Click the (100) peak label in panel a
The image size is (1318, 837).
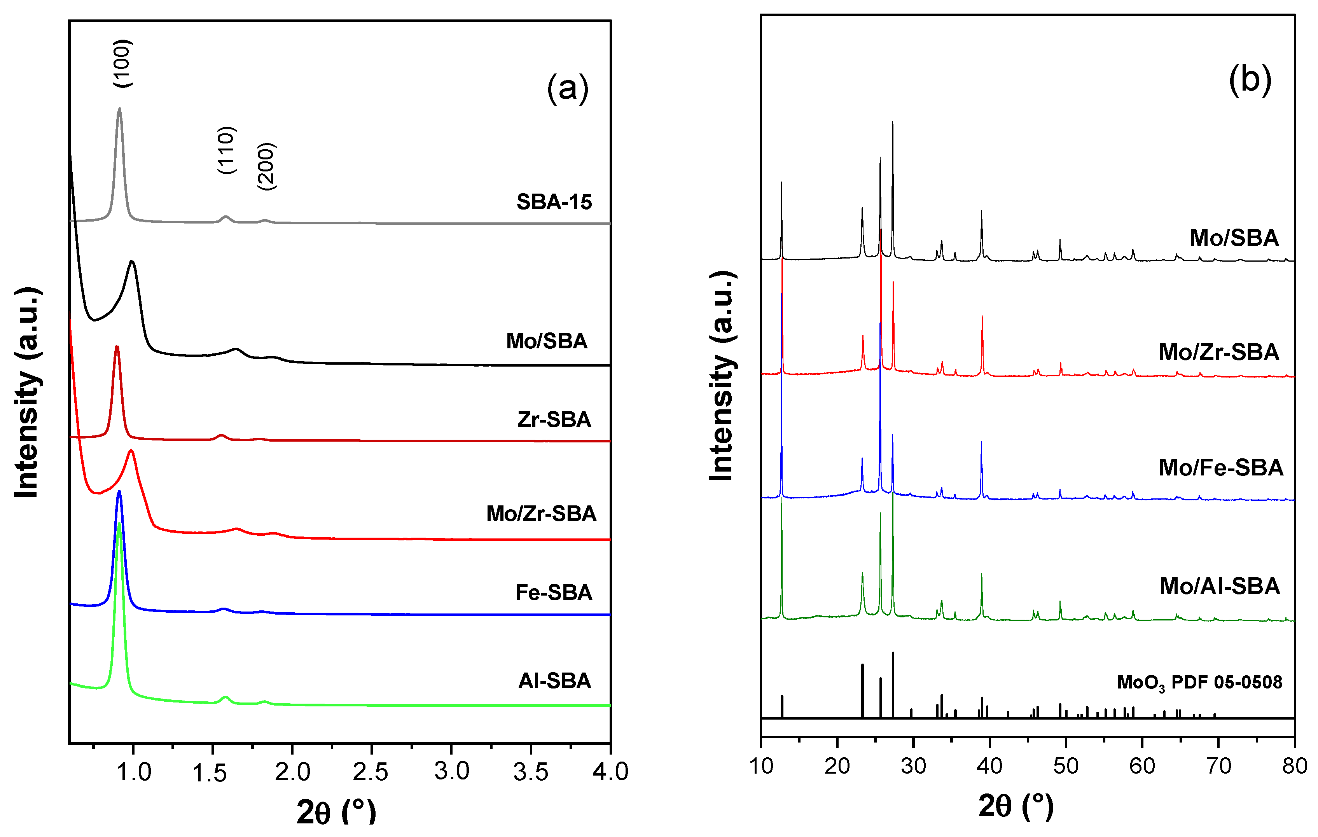click(x=122, y=63)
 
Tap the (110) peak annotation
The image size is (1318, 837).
click(x=226, y=150)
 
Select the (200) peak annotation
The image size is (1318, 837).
click(x=267, y=166)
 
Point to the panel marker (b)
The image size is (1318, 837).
click(x=1250, y=80)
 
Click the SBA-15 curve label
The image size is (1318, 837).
click(x=554, y=202)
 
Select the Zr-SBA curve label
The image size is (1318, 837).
click(x=554, y=419)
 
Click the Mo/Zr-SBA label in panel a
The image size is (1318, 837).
click(x=541, y=514)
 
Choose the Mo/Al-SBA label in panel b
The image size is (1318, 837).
click(x=1220, y=586)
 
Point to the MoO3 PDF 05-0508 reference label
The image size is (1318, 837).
click(x=1199, y=682)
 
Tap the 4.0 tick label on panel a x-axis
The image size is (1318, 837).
click(x=610, y=772)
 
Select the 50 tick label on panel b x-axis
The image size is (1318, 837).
click(x=1066, y=766)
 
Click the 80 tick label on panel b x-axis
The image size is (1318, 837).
click(x=1294, y=766)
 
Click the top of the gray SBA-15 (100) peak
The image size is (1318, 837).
click(x=119, y=108)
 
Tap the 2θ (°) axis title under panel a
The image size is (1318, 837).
click(x=336, y=811)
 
